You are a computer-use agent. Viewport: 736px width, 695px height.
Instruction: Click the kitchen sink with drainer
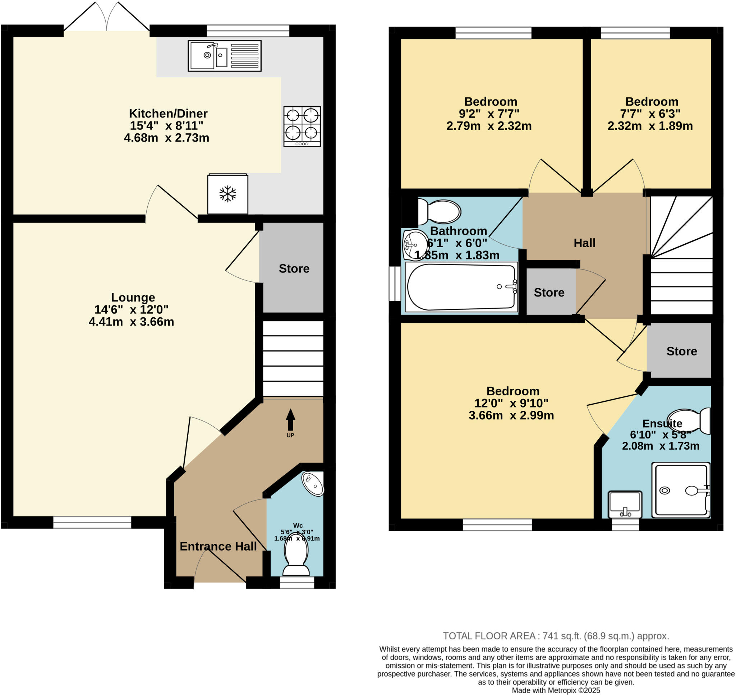coord(225,56)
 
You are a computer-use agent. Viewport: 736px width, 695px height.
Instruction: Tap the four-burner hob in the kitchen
coord(302,126)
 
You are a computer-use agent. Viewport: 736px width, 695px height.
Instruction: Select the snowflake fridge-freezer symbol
coord(227,194)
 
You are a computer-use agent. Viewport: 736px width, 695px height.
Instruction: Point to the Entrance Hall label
coord(218,547)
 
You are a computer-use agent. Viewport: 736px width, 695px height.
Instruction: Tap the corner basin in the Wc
coord(313,484)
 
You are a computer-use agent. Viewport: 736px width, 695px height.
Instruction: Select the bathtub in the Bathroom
coord(461,287)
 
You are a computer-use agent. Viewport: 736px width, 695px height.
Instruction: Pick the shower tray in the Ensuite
coord(680,490)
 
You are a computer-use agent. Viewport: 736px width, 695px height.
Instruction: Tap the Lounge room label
coord(133,298)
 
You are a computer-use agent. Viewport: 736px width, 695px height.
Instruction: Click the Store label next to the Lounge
coord(294,268)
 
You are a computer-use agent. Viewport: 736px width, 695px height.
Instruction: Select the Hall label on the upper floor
coord(584,243)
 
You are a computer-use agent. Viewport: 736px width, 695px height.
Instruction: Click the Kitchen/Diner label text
coord(168,113)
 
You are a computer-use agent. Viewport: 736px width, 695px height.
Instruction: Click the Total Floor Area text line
coord(556,636)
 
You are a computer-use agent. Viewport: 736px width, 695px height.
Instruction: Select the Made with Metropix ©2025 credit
coord(556,691)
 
